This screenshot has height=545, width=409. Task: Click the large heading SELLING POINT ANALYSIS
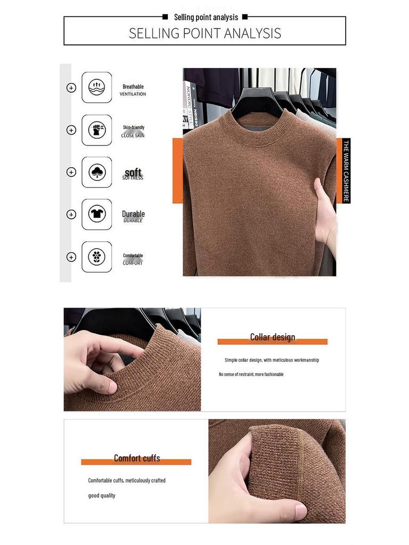pyautogui.click(x=205, y=33)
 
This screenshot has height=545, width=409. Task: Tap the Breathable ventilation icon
pyautogui.click(x=97, y=87)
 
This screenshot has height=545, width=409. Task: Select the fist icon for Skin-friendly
pyautogui.click(x=97, y=130)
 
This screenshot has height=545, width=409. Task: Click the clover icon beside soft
pyautogui.click(x=97, y=172)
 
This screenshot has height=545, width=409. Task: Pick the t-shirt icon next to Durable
pyautogui.click(x=97, y=214)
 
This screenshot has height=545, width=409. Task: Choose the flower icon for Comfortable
pyautogui.click(x=97, y=257)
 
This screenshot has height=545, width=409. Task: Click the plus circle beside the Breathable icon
pyautogui.click(x=71, y=88)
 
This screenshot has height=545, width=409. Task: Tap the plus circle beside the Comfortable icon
pyautogui.click(x=71, y=257)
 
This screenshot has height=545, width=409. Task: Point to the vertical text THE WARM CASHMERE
pyautogui.click(x=346, y=171)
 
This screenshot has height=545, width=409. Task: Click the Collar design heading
pyautogui.click(x=273, y=337)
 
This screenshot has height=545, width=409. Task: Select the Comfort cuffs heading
pyautogui.click(x=137, y=458)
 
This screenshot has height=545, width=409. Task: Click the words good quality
pyautogui.click(x=102, y=496)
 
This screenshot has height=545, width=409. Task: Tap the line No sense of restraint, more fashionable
pyautogui.click(x=251, y=374)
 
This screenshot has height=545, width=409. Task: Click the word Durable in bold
pyautogui.click(x=133, y=213)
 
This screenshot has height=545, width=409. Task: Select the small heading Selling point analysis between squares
pyautogui.click(x=206, y=18)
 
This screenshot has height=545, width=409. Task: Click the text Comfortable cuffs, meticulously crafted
pyautogui.click(x=127, y=480)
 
